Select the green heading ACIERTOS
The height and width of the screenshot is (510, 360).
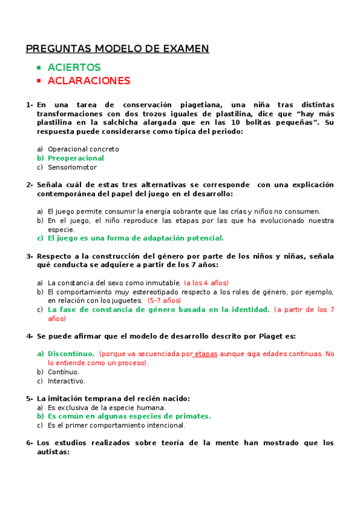[74, 67]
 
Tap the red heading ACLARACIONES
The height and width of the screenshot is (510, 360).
[89, 81]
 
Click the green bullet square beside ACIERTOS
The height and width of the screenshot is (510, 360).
[38, 67]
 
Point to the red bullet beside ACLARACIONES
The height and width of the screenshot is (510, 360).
[38, 81]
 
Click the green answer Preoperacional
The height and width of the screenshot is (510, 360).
[76, 158]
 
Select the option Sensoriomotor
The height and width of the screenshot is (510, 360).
[72, 167]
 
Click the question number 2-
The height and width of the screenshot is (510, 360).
[29, 185]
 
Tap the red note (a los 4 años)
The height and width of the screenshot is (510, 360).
[206, 283]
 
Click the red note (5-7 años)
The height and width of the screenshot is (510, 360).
[164, 300]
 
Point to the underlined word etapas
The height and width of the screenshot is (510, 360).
[206, 354]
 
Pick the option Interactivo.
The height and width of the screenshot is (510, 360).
[66, 381]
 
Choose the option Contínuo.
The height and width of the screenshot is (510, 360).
[63, 372]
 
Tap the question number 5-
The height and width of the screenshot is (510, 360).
[29, 398]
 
